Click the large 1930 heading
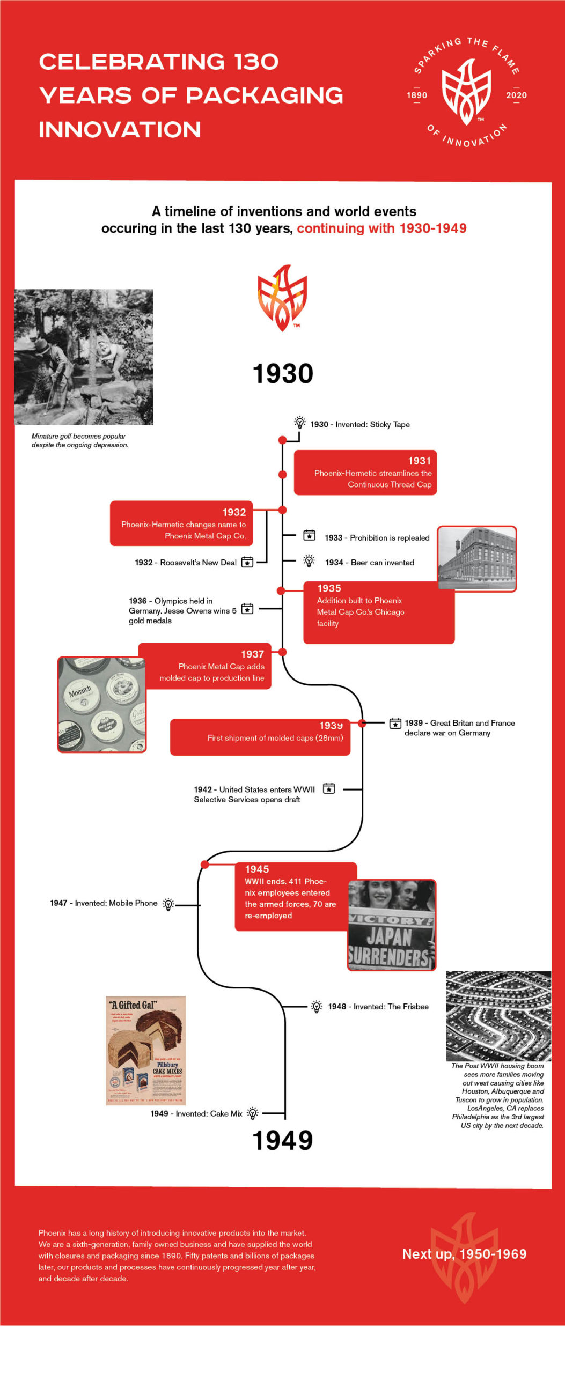pos(283,373)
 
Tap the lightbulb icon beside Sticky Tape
pos(300,422)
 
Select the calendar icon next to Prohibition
pos(309,535)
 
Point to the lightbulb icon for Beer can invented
pos(309,561)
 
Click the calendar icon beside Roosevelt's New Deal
pos(247,562)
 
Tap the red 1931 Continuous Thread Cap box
pos(365,473)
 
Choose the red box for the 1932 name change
pos(181,523)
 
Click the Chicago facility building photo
pos(477,559)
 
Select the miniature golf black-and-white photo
pos(83,357)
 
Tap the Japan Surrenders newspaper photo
pos(391,925)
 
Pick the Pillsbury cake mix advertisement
pos(146,1050)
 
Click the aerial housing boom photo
pos(498,1015)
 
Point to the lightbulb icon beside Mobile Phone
pos(168,904)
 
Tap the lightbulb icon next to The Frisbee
pos(317,1006)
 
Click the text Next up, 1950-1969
pos(464,1253)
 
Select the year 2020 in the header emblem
pos(516,95)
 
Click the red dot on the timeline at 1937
pos(282,652)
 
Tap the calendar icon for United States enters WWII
pos(329,788)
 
